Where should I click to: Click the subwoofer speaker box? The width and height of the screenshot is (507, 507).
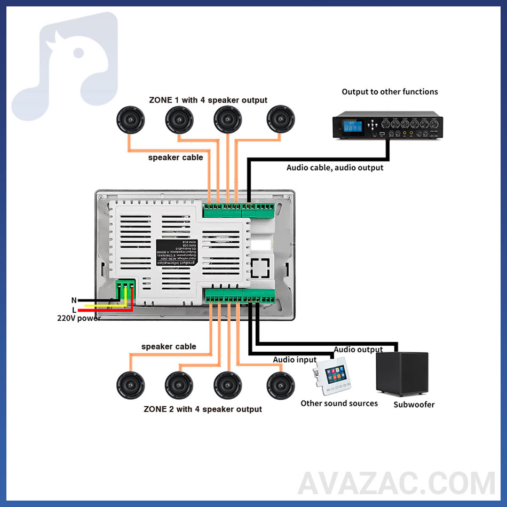[x=401, y=374]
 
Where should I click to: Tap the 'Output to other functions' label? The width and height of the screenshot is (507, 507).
[x=390, y=92]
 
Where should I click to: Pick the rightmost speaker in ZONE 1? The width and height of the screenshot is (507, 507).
[x=281, y=118]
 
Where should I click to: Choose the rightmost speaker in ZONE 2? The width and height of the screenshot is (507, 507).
[x=281, y=385]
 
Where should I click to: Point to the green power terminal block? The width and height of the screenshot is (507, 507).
[x=125, y=290]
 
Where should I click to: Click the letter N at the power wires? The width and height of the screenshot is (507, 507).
[x=74, y=300]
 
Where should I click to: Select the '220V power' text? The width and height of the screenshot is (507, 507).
[x=79, y=318]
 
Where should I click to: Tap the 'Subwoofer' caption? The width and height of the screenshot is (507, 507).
[x=414, y=405]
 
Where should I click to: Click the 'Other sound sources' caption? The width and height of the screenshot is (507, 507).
[x=339, y=403]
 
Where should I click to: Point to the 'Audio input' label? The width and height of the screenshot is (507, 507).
[x=295, y=360]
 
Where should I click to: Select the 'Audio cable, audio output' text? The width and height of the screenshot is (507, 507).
[x=335, y=168]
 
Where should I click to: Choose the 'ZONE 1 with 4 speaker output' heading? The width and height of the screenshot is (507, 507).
[x=208, y=100]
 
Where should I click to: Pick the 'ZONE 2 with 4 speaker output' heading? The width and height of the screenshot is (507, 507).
[x=203, y=409]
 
